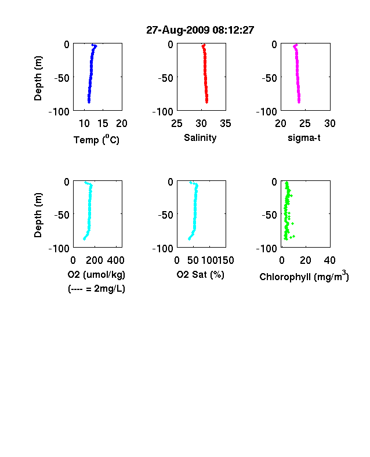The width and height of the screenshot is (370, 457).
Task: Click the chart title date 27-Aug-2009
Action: (x=177, y=30)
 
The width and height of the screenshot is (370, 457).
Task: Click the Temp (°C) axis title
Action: (x=96, y=140)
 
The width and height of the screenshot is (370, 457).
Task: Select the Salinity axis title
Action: (x=200, y=137)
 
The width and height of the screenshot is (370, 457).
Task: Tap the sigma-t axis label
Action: (x=304, y=137)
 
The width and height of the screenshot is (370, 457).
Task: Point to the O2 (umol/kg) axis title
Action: (x=96, y=274)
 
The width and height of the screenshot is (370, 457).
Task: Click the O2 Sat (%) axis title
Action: (x=201, y=274)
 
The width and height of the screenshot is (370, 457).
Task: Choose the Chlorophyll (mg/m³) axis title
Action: (x=304, y=276)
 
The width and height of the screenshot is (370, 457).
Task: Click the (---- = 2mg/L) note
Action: (x=96, y=289)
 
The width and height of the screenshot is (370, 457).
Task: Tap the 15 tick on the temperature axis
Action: (x=103, y=124)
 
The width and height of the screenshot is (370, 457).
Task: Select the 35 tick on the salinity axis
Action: (x=226, y=124)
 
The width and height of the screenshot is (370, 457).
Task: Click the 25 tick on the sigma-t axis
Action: (x=305, y=124)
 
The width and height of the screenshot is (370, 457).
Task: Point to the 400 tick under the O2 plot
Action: (x=116, y=260)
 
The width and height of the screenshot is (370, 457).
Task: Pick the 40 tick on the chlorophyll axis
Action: (x=329, y=260)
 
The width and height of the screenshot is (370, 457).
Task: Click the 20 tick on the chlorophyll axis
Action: (x=305, y=260)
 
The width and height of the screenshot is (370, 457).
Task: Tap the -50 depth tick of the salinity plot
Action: (x=165, y=78)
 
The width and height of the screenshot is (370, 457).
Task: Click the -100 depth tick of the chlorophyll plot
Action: (x=267, y=249)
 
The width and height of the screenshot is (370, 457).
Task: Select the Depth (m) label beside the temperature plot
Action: (x=38, y=78)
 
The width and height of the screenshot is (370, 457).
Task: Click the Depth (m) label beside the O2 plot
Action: (x=38, y=215)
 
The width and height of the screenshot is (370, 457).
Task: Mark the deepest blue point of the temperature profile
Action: (x=89, y=102)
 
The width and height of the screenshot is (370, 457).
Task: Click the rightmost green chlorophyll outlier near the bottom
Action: (x=294, y=237)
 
